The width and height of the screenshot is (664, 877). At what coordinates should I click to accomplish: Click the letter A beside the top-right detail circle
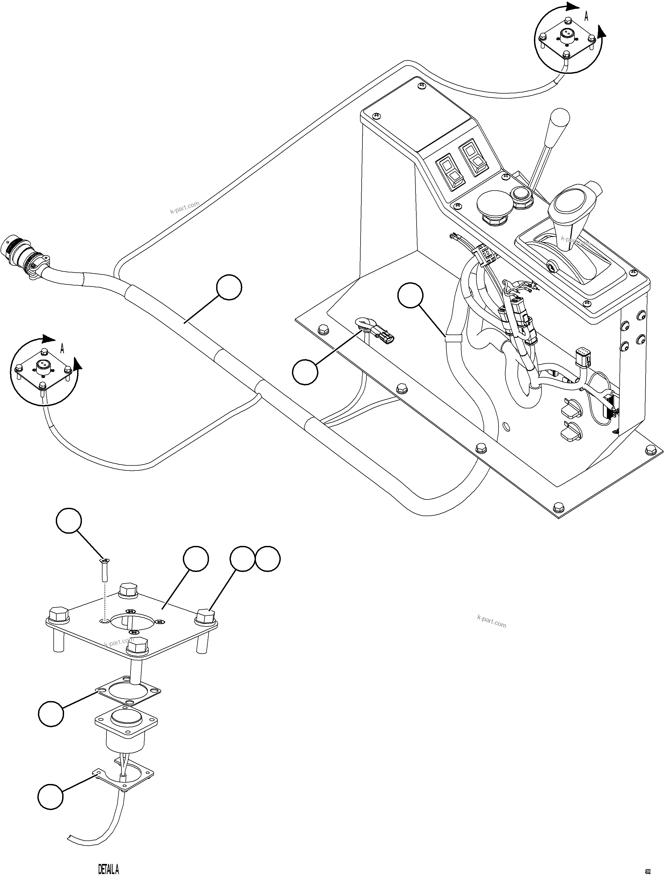[586, 17]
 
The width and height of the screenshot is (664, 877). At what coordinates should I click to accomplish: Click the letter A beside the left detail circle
[62, 349]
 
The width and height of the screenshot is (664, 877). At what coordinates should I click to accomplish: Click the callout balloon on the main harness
[229, 288]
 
